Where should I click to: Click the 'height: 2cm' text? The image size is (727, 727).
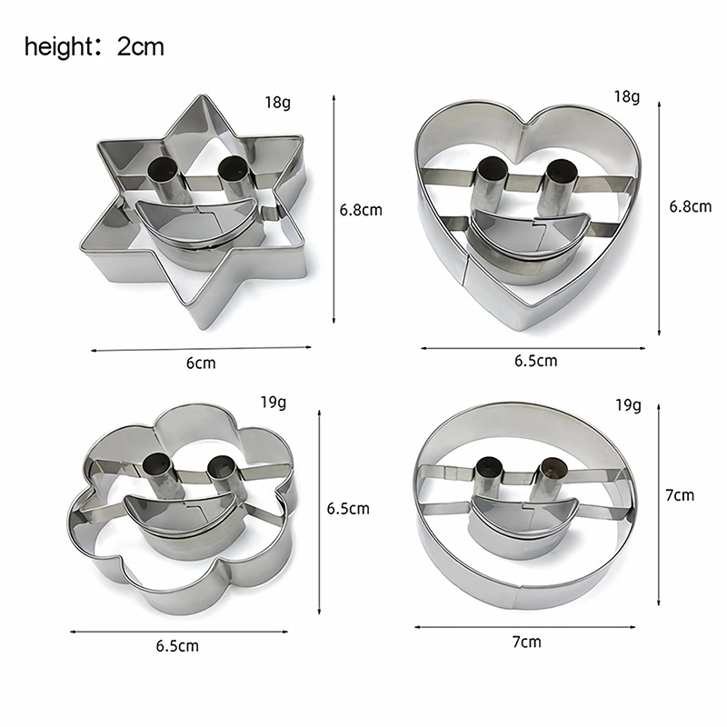click(x=95, y=47)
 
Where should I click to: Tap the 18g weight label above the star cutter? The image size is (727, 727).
click(x=278, y=102)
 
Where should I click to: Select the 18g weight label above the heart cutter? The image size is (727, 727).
click(x=627, y=96)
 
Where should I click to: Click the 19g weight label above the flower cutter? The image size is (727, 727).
click(x=274, y=402)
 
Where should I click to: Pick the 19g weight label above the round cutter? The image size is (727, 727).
click(x=628, y=405)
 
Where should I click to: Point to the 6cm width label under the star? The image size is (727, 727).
click(x=201, y=363)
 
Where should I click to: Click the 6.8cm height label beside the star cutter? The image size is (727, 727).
click(x=361, y=210)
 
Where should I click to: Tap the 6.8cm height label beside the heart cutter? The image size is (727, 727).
click(x=690, y=206)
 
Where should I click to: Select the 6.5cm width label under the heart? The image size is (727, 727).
click(x=535, y=361)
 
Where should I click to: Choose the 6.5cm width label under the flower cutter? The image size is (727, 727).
click(x=177, y=646)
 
